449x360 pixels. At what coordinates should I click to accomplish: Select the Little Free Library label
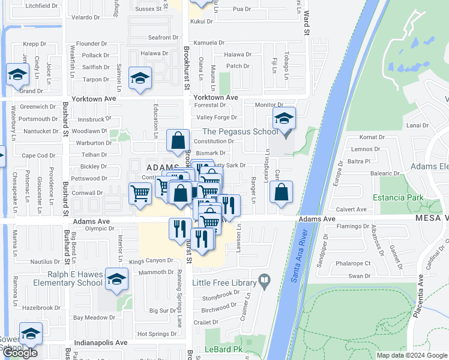pos(224,282)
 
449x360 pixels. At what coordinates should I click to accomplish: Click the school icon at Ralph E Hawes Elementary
pos(116,279)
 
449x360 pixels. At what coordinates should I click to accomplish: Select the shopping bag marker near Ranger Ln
pos(281,193)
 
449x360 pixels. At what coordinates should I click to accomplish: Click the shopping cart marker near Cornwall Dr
pos(140,193)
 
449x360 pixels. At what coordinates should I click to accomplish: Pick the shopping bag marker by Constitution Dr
pos(178,141)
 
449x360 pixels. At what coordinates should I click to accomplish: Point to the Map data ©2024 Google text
pos(411,355)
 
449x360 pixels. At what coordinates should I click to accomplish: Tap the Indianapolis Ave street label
pos(101,343)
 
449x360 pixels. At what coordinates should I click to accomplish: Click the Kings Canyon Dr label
pos(151,261)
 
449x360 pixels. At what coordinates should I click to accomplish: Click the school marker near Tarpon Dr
pos(140,79)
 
